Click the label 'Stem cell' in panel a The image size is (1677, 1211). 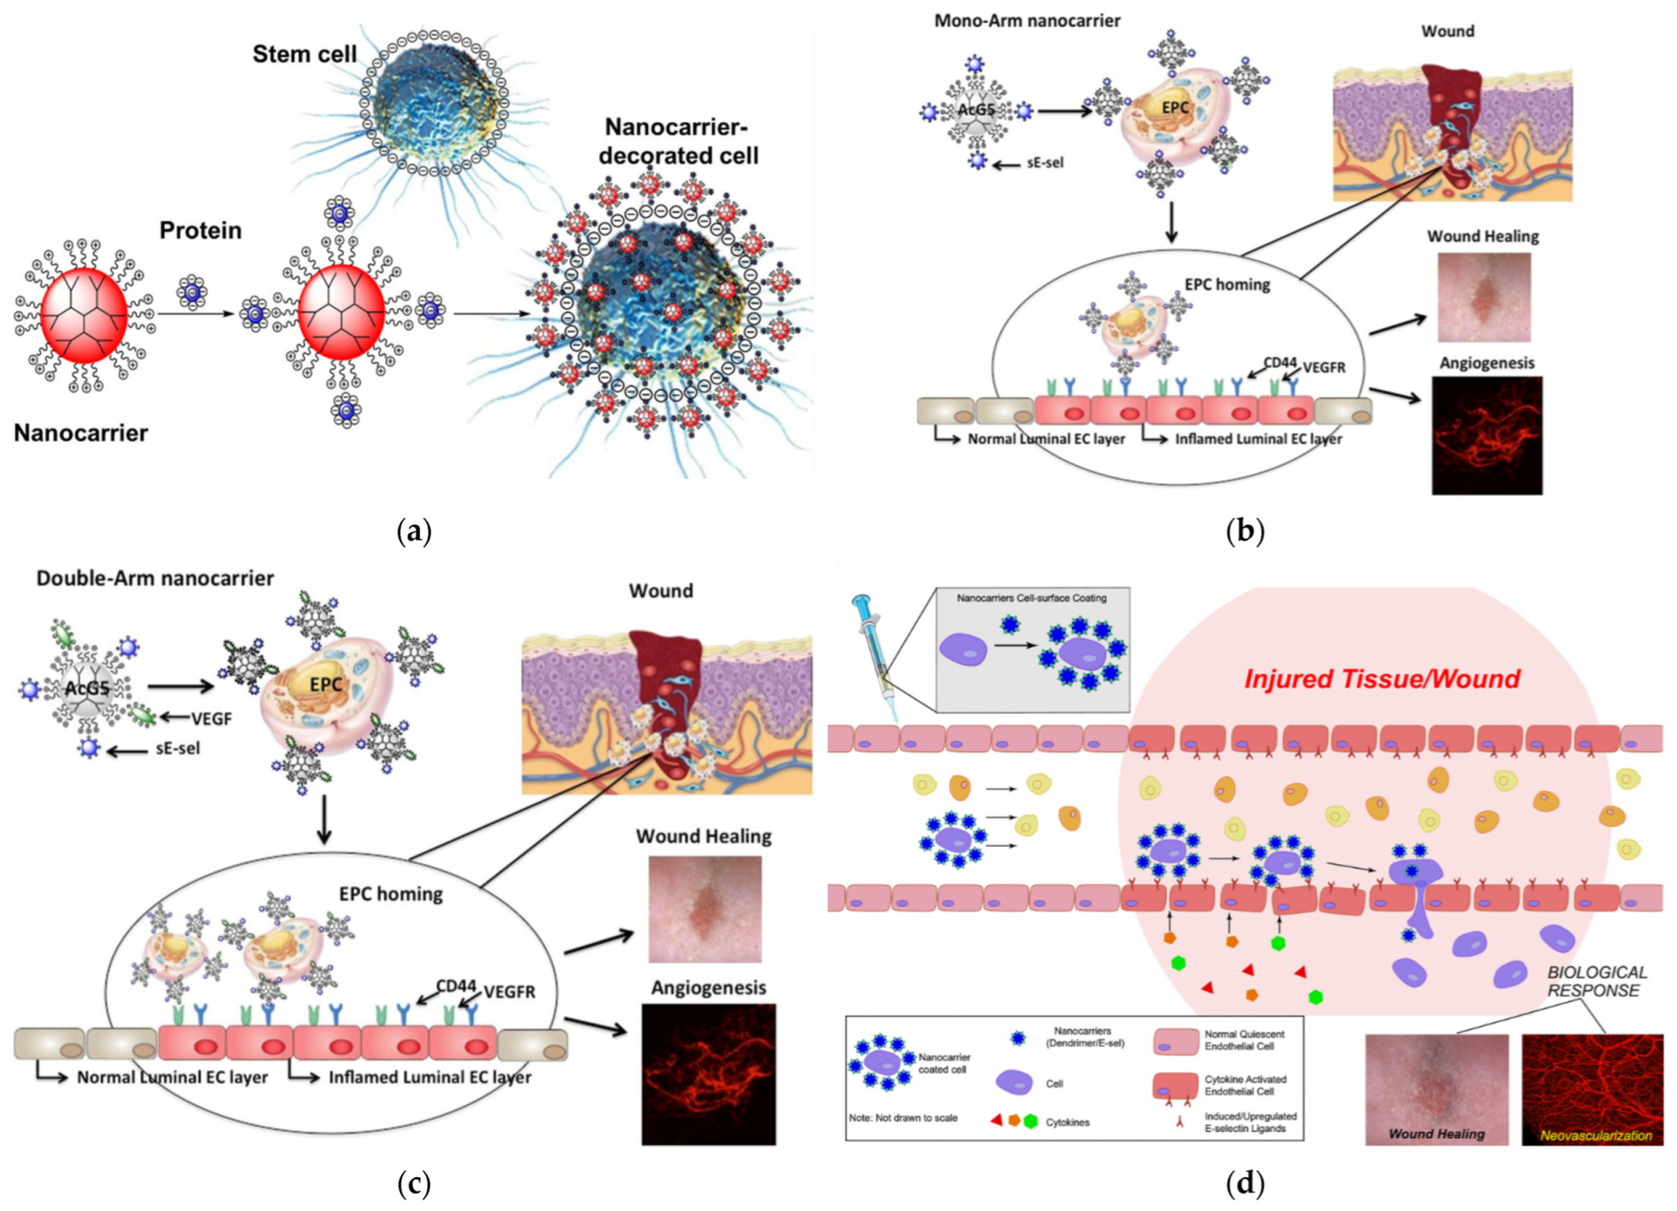coord(304,55)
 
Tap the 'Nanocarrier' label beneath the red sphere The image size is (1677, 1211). coord(81,433)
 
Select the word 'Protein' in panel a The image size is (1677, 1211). coord(200,230)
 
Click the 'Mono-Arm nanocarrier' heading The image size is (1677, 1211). coord(1027,21)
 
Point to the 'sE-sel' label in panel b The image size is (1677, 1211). coord(1045,164)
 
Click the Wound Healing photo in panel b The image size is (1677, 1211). coord(1483,297)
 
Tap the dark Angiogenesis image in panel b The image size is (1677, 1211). coord(1486,435)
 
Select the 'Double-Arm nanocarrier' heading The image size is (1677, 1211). coord(155,578)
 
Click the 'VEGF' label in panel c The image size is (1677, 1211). coord(211,719)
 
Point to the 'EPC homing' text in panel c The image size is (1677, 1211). coord(390,894)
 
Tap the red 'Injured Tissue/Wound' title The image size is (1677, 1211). coord(1382,679)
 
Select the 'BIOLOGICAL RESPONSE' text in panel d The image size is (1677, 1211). coord(1596,981)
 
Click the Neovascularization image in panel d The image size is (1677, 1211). coord(1592,1089)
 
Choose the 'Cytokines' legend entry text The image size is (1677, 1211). coord(1067,1123)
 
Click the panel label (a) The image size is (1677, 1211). coord(414,531)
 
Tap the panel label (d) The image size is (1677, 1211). coord(1245,1184)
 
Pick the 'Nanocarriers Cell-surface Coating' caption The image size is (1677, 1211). coord(1031,598)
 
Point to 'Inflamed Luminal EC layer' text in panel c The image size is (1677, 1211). coord(429,1078)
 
